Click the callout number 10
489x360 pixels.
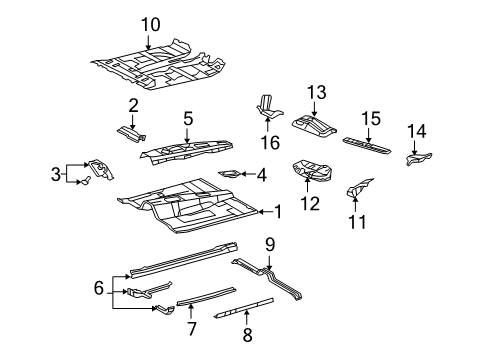tap(149, 24)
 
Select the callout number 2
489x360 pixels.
tap(133, 105)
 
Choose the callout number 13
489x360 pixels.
tap(317, 93)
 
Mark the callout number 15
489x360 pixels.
tap(369, 119)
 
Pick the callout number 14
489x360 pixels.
tap(417, 130)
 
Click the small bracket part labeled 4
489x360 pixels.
tap(229, 174)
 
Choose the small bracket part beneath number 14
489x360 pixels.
tap(416, 157)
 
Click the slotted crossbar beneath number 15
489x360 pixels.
tap(366, 143)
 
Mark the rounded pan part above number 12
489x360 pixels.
tap(310, 171)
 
